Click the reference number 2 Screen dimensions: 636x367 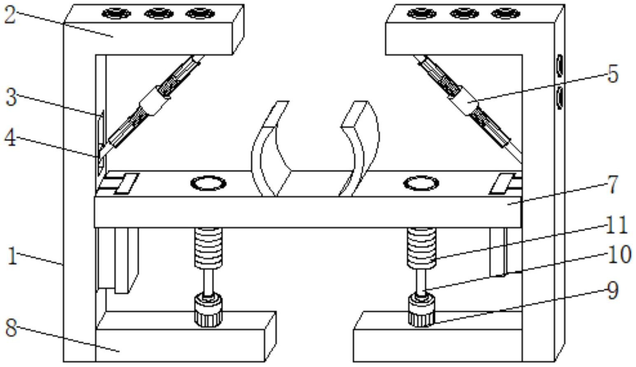[x=10, y=16]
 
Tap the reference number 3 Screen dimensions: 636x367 [x=12, y=97]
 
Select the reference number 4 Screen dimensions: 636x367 [x=11, y=138]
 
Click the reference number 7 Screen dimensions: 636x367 [x=613, y=184]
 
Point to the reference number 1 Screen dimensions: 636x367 [x=12, y=256]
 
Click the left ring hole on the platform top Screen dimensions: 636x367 [x=209, y=183]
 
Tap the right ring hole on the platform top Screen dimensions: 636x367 [x=421, y=183]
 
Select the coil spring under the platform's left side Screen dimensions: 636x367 [x=209, y=248]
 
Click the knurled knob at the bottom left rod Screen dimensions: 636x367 [x=209, y=311]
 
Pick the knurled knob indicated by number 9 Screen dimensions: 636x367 [x=422, y=311]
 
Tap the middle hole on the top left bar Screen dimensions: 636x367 [x=159, y=13]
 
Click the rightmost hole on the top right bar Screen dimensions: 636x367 [x=506, y=13]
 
